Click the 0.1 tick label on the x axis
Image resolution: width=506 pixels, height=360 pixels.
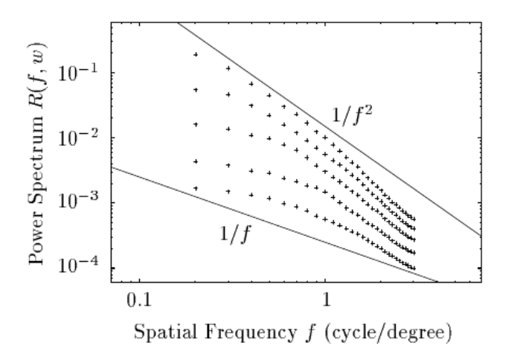click(x=137, y=302)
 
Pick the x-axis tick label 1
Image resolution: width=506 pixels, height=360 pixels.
click(x=325, y=302)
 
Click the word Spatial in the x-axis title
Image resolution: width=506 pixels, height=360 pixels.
click(x=151, y=334)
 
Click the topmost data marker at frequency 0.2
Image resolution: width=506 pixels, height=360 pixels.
click(x=196, y=54)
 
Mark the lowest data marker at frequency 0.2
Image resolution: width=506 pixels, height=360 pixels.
click(x=196, y=189)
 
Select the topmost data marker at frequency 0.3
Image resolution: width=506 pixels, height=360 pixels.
click(x=228, y=68)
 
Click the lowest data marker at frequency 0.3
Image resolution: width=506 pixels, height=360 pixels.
click(x=228, y=193)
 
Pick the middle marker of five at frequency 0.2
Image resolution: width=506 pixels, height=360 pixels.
click(x=196, y=124)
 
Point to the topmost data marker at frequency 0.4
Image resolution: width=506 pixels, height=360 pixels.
click(x=252, y=84)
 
